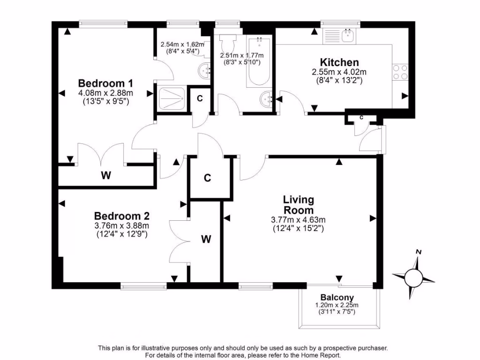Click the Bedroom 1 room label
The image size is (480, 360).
[x=105, y=83]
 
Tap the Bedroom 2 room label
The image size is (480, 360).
[x=121, y=216]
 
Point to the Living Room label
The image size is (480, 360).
[x=298, y=205]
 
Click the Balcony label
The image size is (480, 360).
[x=337, y=297]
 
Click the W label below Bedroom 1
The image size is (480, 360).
[x=106, y=176]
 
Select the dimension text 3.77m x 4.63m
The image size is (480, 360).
[x=298, y=220]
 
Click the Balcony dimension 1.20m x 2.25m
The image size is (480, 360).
[x=337, y=305]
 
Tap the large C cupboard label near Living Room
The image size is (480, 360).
[x=207, y=178]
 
